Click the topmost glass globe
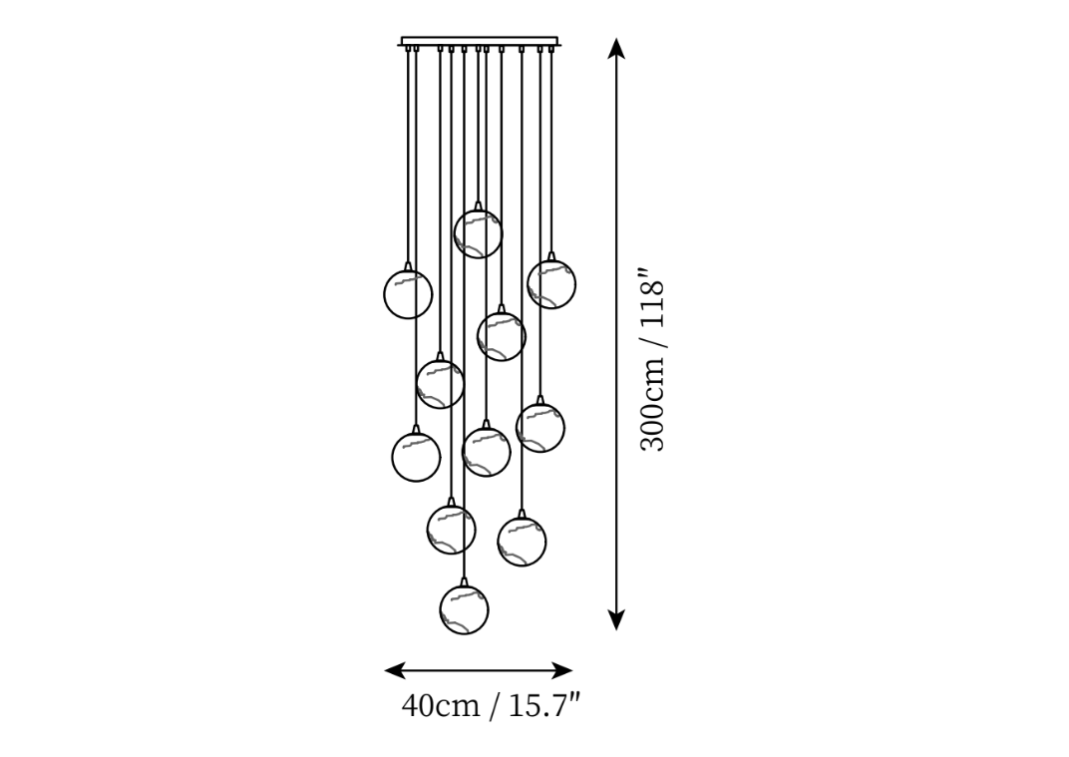(x=478, y=234)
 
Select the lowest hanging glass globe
(x=465, y=609)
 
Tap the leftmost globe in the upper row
(x=408, y=294)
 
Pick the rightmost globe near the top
(x=551, y=284)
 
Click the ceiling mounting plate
(x=480, y=42)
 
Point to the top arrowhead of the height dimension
(x=616, y=48)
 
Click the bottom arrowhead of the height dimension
(x=616, y=620)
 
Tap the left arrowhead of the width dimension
(x=395, y=670)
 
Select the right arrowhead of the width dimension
(x=561, y=670)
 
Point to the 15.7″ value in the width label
(x=545, y=706)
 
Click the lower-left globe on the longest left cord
(x=416, y=457)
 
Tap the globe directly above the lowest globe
(x=452, y=530)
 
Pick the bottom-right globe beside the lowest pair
(x=522, y=542)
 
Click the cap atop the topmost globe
(x=478, y=206)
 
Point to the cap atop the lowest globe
(x=465, y=581)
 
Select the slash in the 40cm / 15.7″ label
(x=495, y=706)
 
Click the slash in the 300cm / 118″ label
(x=652, y=355)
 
